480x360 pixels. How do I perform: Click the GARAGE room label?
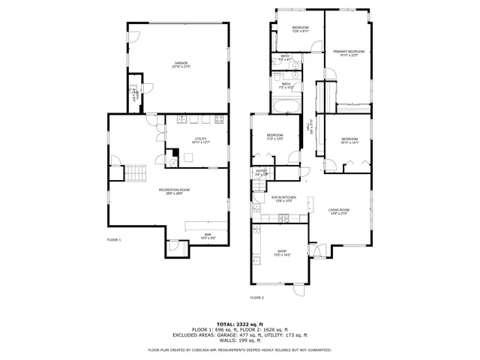[181, 64]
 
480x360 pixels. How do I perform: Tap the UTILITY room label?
[200, 140]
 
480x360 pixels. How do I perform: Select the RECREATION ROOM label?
[174, 191]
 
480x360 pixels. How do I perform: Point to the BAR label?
[208, 235]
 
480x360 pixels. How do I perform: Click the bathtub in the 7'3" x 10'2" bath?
[287, 106]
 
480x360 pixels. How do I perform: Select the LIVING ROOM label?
[339, 211]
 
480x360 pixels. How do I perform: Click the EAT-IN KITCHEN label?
[283, 199]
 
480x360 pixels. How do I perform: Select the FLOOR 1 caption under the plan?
[114, 239]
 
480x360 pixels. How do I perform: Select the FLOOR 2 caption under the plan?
[256, 297]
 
